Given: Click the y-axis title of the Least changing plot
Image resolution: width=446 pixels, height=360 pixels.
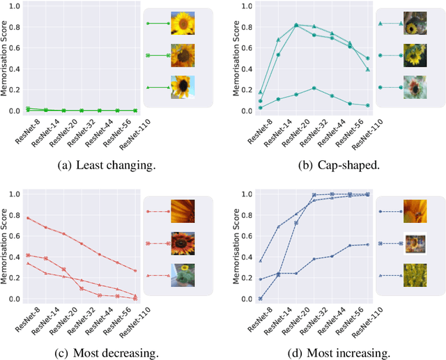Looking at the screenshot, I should tap(6, 59).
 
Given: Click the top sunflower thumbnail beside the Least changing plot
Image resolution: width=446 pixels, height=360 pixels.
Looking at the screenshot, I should tap(183, 24).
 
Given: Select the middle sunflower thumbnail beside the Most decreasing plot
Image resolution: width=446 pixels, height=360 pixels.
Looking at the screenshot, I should tap(183, 244).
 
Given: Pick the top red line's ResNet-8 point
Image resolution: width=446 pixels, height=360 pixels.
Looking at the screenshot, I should tap(27, 218).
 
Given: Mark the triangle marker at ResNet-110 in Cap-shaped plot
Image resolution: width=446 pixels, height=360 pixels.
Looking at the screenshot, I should tap(368, 70).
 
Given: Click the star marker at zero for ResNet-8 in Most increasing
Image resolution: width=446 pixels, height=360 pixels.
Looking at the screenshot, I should tap(260, 299).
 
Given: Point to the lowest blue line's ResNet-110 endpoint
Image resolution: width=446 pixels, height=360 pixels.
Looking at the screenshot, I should tap(368, 244).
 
